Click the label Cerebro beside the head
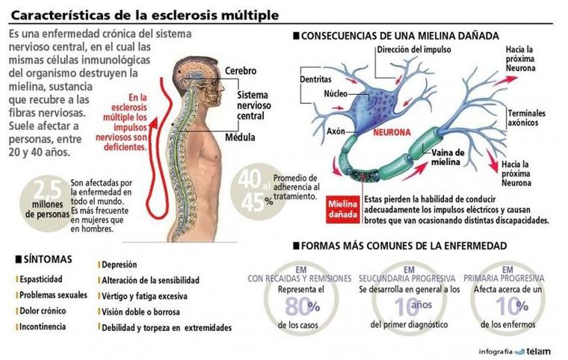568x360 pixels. coord(241,71)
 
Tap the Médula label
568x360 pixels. coord(240,137)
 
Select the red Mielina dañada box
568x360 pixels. coord(343,209)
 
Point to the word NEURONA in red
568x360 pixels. coord(392,132)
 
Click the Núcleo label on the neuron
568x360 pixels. coord(336,94)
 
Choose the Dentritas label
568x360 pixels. coord(315,79)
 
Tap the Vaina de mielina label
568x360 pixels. coord(448,157)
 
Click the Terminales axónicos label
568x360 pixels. coord(526,118)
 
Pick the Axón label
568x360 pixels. coord(336,131)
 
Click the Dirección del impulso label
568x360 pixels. coord(414,49)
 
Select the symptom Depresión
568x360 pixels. coord(119,264)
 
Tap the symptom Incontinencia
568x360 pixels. coord(43,326)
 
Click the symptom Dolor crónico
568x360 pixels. coord(43,311)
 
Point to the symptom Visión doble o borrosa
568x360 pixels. coord(141,312)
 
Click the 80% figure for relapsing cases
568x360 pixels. coord(302,307)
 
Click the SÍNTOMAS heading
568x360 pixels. coord(47,259)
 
